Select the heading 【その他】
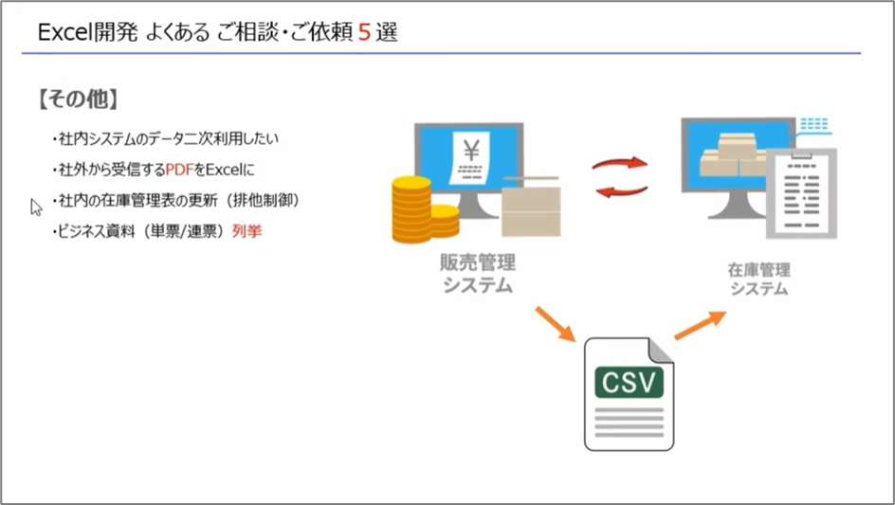[x=78, y=99]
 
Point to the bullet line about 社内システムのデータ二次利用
[x=166, y=139]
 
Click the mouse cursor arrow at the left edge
[x=36, y=207]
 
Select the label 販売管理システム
[x=478, y=274]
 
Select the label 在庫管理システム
[x=758, y=279]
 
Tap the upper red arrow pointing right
[x=620, y=163]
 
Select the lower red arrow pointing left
[x=620, y=191]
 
